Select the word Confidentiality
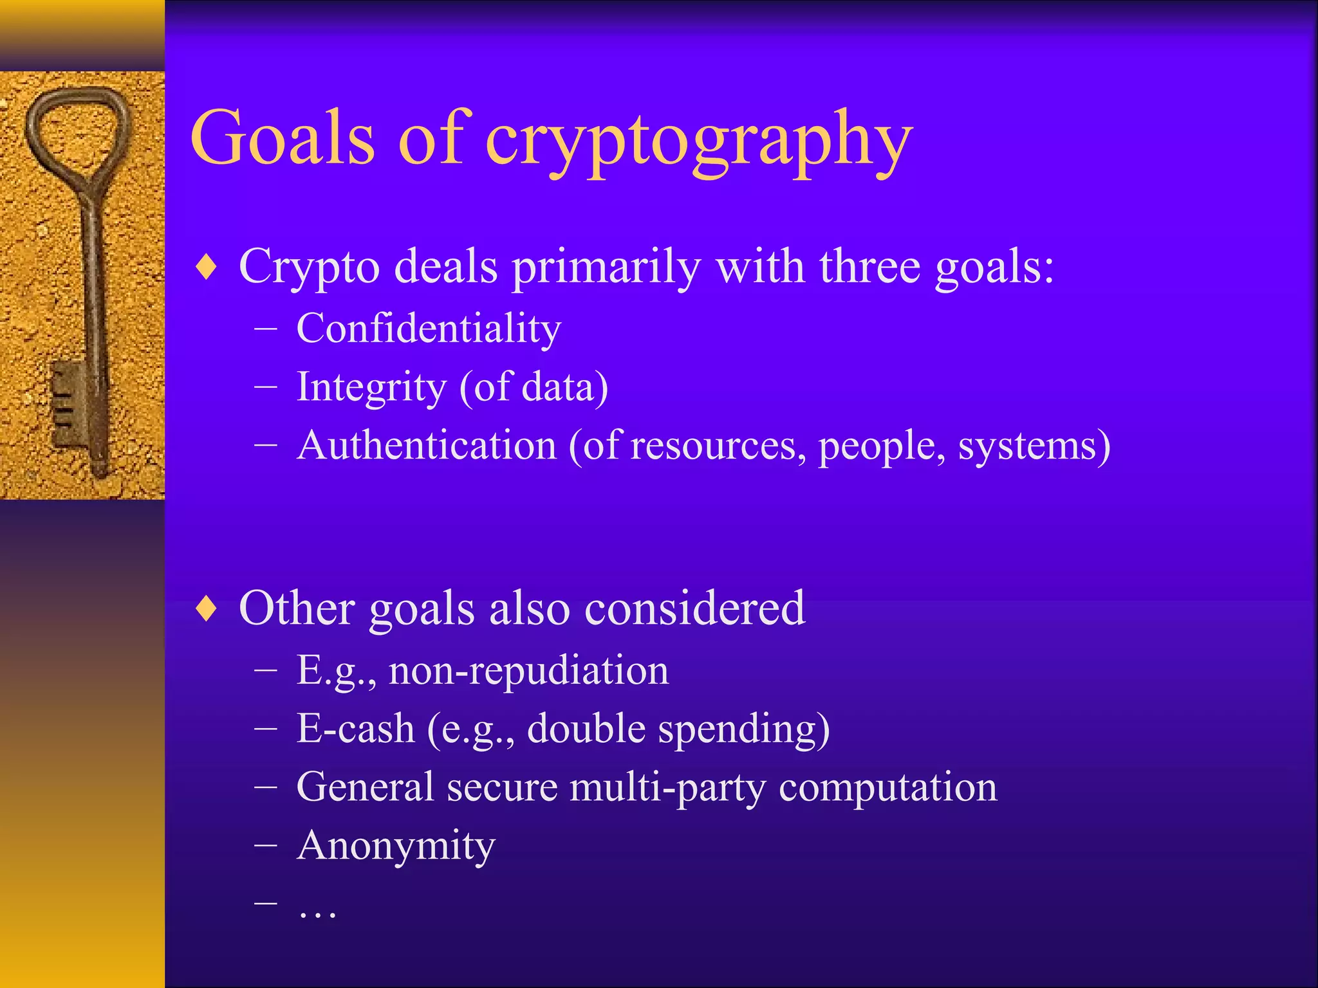click(x=429, y=329)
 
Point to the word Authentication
click(x=427, y=445)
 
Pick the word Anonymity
click(x=396, y=846)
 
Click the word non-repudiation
click(x=528, y=671)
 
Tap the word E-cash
click(x=355, y=729)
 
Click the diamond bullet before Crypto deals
click(x=207, y=266)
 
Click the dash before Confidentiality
click(x=266, y=329)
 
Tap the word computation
click(x=887, y=787)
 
